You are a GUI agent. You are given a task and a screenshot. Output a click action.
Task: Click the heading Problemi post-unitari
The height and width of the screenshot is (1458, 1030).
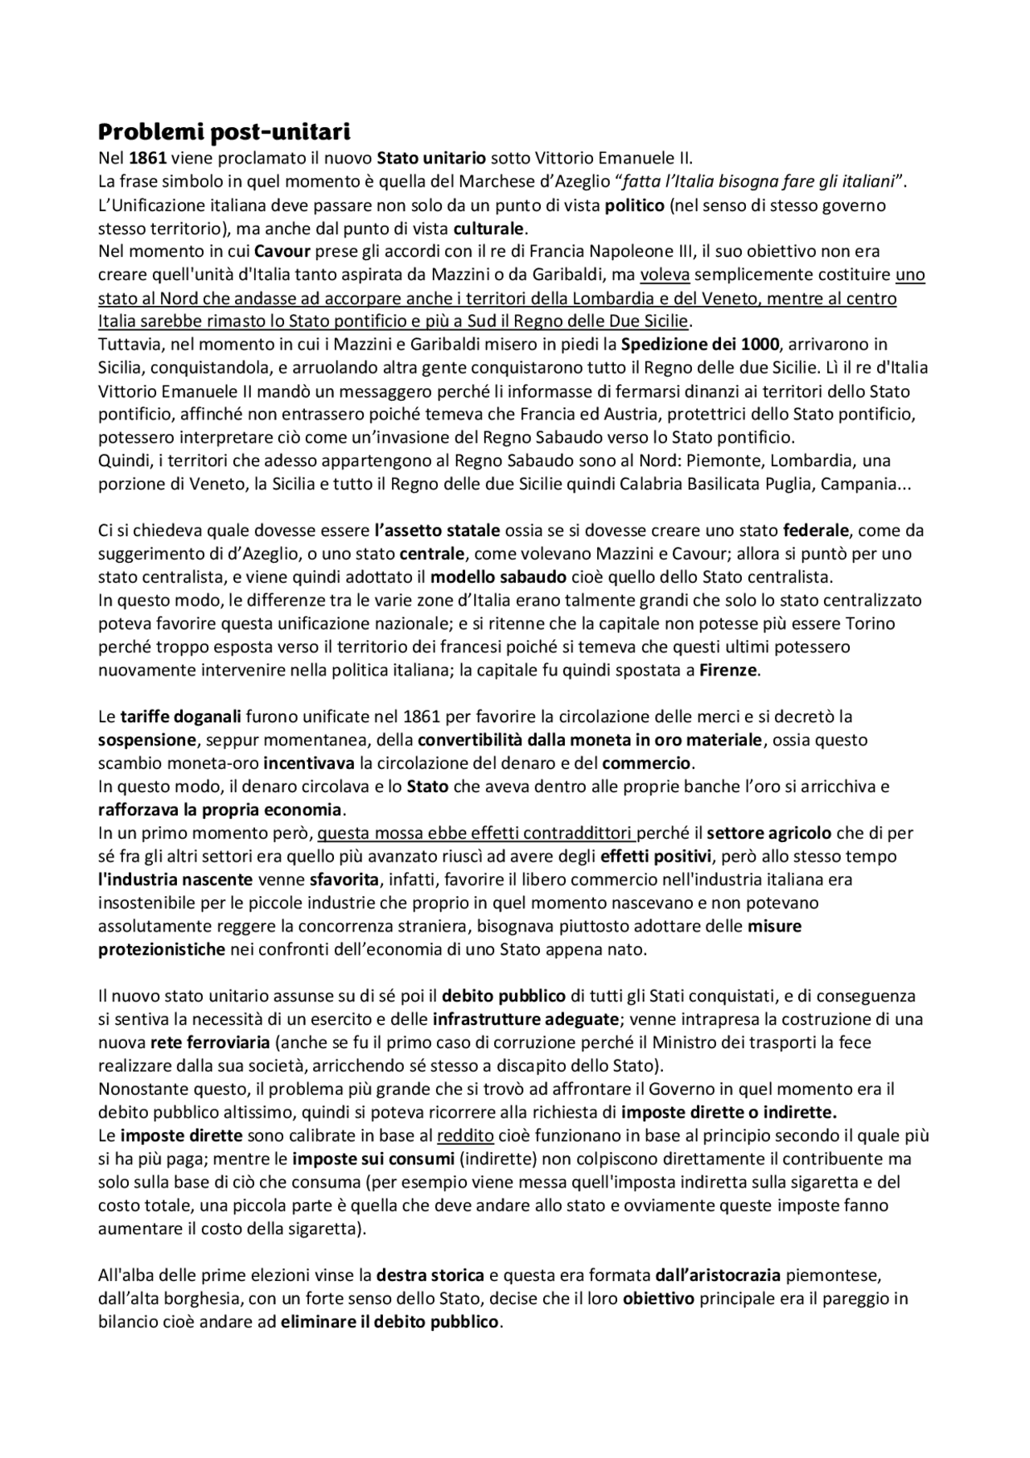(225, 131)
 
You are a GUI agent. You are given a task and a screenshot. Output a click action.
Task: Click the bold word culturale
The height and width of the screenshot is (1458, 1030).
(488, 228)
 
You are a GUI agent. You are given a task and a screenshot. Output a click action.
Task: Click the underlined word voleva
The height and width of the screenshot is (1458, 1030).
(665, 275)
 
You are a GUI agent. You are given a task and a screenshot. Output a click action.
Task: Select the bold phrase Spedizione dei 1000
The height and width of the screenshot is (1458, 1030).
(699, 345)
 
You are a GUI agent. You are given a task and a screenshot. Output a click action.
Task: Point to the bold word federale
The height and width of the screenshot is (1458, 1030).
(816, 531)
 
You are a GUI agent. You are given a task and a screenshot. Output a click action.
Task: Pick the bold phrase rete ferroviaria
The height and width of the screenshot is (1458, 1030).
(210, 1043)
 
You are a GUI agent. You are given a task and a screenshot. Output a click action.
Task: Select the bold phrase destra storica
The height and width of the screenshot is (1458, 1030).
(431, 1275)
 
